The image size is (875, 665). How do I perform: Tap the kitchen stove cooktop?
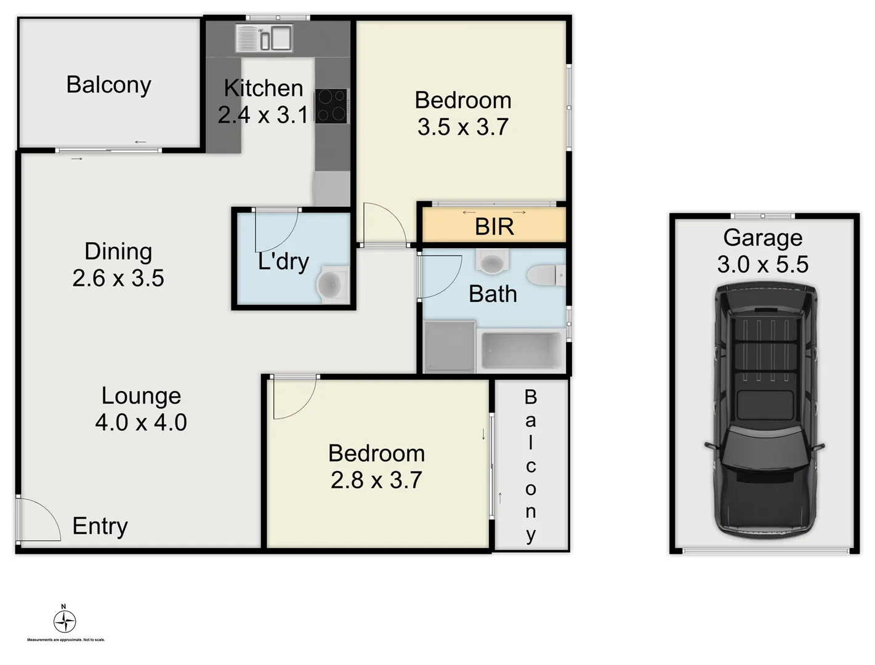coord(331,106)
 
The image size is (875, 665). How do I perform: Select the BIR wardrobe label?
coord(494,227)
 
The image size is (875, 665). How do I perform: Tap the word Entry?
coord(100,526)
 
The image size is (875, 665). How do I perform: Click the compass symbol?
coord(65,621)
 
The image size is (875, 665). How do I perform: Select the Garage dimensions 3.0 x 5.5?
coord(762,264)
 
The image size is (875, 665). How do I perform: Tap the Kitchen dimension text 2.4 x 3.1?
coord(262,115)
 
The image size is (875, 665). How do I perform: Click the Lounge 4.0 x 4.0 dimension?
coord(141,422)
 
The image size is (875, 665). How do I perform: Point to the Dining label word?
coord(118,251)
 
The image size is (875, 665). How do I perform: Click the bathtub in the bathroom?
coord(522,351)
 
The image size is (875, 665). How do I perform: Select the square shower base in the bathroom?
coord(450,347)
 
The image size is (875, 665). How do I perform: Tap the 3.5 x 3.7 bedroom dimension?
coord(462,127)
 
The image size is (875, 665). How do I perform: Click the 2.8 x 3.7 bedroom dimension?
coord(376,480)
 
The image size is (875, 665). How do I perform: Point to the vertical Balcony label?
coord(530,465)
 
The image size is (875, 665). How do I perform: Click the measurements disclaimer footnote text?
coord(66,640)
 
